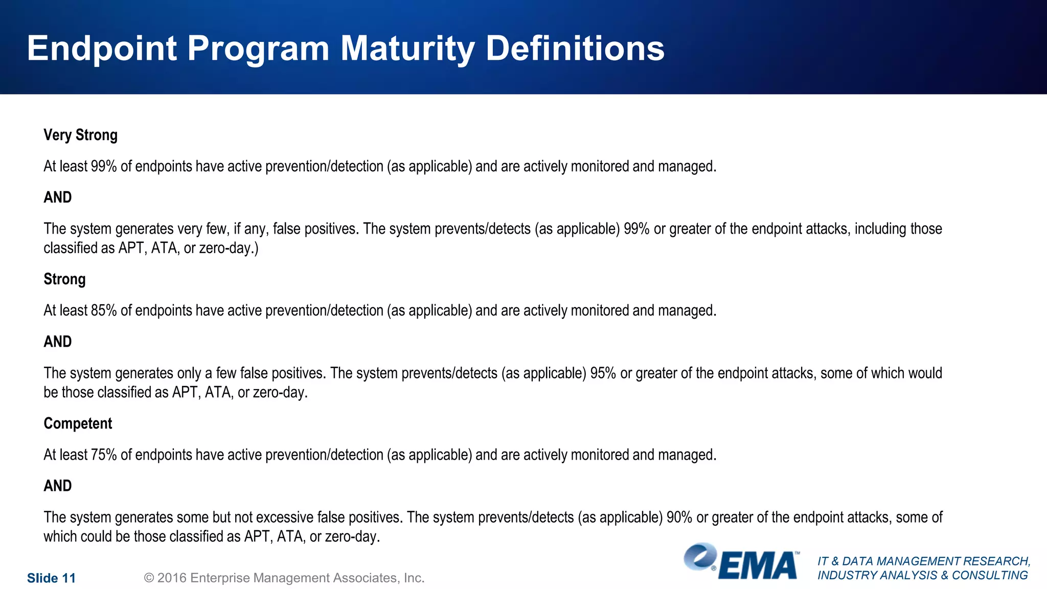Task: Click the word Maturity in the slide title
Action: (407, 49)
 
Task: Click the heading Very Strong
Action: (80, 135)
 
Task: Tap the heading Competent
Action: (78, 423)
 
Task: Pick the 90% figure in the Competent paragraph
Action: (679, 517)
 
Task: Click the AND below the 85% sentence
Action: (57, 342)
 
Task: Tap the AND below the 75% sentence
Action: (57, 486)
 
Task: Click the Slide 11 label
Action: (51, 578)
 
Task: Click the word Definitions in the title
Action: (575, 49)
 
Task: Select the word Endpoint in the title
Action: (102, 49)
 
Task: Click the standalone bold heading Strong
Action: (64, 279)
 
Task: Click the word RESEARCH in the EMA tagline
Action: (995, 561)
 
